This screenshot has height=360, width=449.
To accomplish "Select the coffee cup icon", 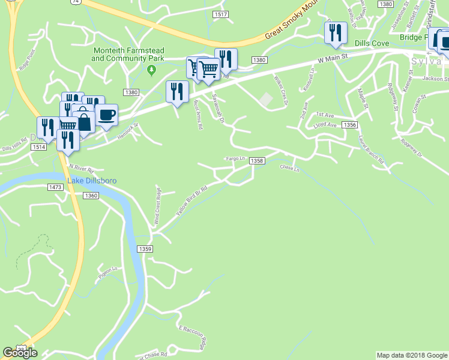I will tap(107, 115).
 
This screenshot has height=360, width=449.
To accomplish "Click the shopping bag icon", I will tap(84, 122).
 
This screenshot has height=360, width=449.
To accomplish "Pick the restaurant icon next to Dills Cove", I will tap(336, 33).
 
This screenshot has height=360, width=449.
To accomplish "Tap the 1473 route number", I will tap(55, 188).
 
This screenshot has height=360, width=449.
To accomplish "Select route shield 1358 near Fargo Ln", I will tap(257, 161).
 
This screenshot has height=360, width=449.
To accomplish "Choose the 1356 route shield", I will tap(350, 125).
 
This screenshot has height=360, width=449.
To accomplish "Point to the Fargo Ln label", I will tap(236, 158).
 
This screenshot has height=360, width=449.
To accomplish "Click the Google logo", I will tap(20, 353).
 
